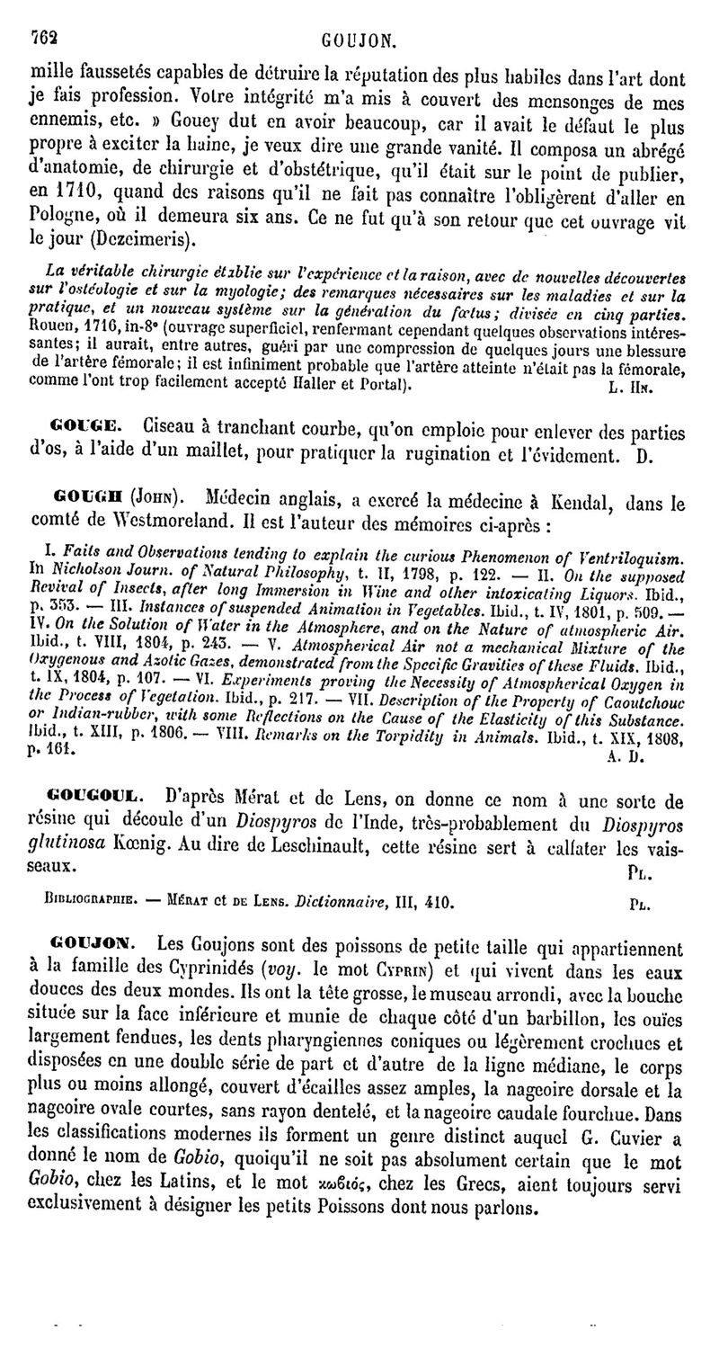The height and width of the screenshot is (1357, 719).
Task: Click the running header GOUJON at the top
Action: tap(359, 40)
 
